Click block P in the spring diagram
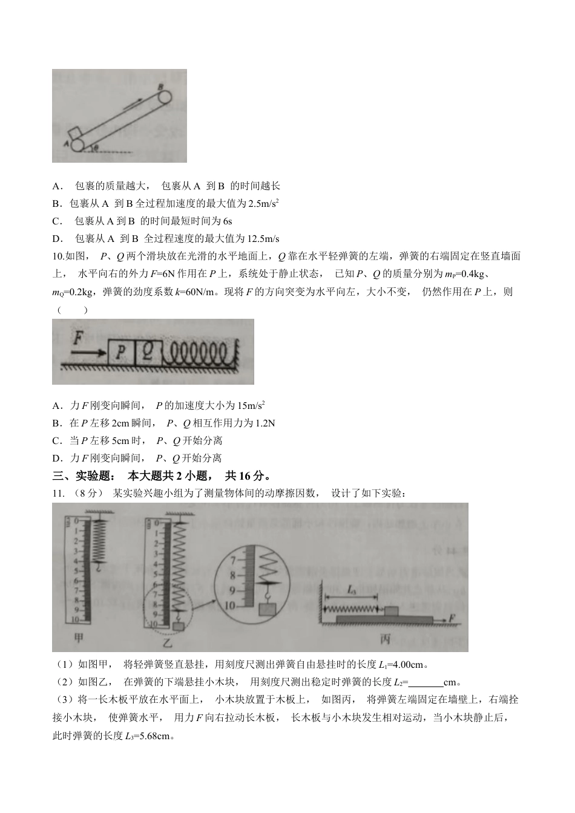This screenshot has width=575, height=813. tap(121, 351)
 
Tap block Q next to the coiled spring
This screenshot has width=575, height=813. tap(148, 351)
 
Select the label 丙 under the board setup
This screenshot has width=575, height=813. tap(385, 639)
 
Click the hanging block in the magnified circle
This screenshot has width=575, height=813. tap(267, 609)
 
